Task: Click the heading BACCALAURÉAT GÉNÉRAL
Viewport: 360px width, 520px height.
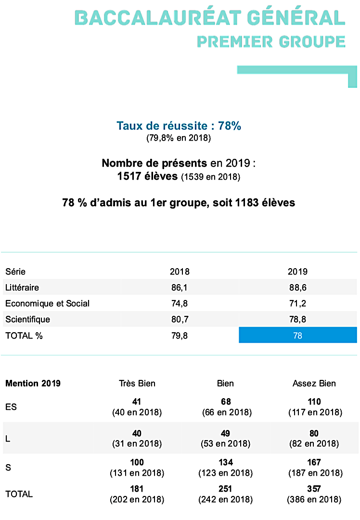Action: pyautogui.click(x=210, y=18)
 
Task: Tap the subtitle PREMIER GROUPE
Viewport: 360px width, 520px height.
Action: pyautogui.click(x=271, y=41)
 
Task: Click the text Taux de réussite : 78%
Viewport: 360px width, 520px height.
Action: pyautogui.click(x=179, y=126)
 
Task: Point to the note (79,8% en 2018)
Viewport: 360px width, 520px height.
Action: pyautogui.click(x=179, y=139)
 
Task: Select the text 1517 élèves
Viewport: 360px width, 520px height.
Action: pyautogui.click(x=147, y=176)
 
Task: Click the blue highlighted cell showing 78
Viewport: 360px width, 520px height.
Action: pyautogui.click(x=297, y=336)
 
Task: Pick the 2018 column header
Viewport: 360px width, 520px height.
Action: pyautogui.click(x=180, y=272)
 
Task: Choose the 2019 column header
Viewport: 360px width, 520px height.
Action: pyautogui.click(x=297, y=272)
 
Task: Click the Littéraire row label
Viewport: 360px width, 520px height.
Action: pyautogui.click(x=22, y=288)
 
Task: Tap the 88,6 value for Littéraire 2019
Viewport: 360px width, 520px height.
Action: pyautogui.click(x=297, y=288)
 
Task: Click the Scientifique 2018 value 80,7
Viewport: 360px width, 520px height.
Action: pyautogui.click(x=180, y=320)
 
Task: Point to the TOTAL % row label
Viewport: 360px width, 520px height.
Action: pyautogui.click(x=24, y=336)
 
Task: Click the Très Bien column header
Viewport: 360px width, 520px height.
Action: pyautogui.click(x=137, y=384)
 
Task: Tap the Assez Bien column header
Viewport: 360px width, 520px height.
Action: pyautogui.click(x=314, y=384)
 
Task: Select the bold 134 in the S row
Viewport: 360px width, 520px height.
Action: pyautogui.click(x=225, y=463)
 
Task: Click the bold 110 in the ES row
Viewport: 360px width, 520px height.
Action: pyautogui.click(x=314, y=402)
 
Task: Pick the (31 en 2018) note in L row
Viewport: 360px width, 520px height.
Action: pyautogui.click(x=137, y=443)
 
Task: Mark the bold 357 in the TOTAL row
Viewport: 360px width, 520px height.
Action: pyautogui.click(x=314, y=489)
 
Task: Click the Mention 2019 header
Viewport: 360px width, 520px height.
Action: pyautogui.click(x=33, y=384)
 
